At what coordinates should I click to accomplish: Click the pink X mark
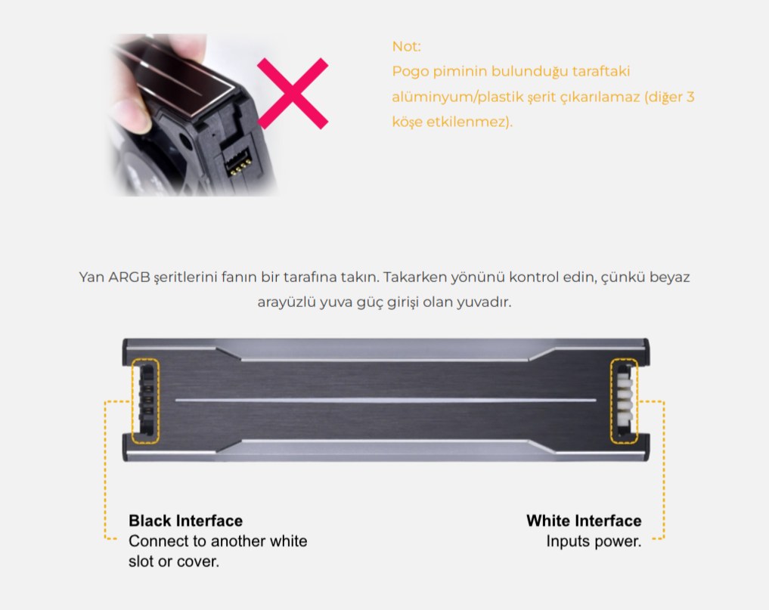point(293,93)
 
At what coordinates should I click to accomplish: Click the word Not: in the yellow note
point(407,46)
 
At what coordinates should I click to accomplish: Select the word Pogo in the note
point(410,72)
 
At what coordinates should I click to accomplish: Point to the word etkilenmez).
point(470,122)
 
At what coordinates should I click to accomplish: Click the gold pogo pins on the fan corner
point(239,166)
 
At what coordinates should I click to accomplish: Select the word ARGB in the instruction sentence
point(129,277)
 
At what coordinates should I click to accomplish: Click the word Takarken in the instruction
point(414,277)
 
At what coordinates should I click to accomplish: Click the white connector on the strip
point(625,399)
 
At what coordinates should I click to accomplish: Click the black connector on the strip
point(147,400)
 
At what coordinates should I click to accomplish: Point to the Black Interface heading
point(185,520)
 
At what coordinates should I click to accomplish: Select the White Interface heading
point(584,520)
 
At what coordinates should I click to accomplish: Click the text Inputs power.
point(594,541)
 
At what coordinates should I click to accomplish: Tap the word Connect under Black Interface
point(158,541)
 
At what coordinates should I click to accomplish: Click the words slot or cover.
point(174,562)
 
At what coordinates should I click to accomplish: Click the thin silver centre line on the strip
point(386,400)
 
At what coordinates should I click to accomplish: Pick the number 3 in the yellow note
point(690,97)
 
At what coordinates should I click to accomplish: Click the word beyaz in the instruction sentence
point(669,277)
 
